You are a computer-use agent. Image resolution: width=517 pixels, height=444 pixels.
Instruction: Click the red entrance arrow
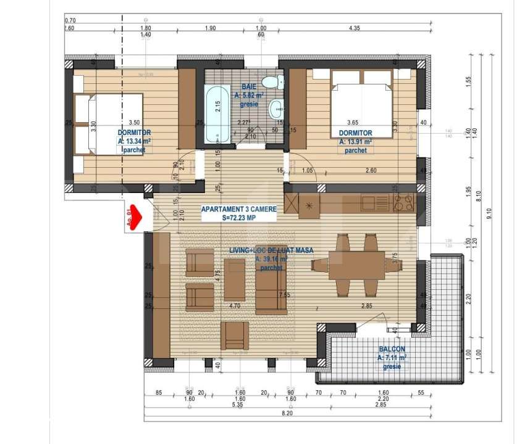pos(135,217)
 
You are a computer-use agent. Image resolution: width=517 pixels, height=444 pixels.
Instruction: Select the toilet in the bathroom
pos(271,82)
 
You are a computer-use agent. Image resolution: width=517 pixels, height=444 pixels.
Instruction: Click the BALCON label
pos(392,349)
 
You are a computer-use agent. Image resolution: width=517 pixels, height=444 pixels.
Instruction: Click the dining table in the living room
pos(356,265)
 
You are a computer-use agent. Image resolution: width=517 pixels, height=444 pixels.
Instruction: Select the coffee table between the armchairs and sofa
pos(235,279)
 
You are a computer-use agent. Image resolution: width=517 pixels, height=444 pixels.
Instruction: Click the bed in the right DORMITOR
pos(362,102)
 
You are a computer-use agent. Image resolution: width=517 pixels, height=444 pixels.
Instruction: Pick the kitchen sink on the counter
pos(374,202)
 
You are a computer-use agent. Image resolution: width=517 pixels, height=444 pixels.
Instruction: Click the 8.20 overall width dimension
pos(287,413)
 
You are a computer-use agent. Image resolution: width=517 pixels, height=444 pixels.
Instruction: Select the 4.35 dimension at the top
pos(354,28)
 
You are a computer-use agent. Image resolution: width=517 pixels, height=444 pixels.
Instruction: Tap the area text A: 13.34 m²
pos(134,141)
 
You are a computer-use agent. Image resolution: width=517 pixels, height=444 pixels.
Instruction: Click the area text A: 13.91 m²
pos(355,141)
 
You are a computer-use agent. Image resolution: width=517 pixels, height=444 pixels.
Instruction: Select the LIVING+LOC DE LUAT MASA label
pos(263,250)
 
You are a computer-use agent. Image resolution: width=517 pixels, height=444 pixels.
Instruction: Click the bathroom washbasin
pos(277,110)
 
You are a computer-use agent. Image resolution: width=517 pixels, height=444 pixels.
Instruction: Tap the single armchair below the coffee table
pos(235,335)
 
